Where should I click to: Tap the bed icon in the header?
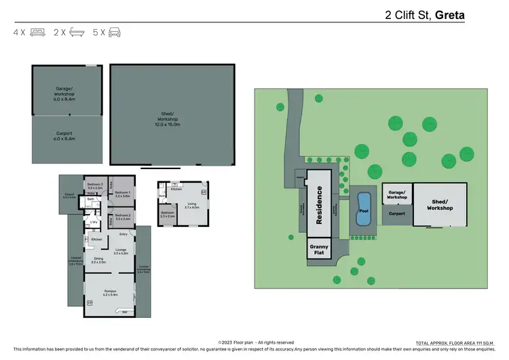[37, 32]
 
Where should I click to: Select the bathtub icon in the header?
[76, 32]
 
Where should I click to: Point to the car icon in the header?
[113, 32]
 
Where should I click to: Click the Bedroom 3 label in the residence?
[95, 186]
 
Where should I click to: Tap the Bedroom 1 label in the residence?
[122, 194]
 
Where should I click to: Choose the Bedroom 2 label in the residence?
[123, 217]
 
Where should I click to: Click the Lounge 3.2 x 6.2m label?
[120, 252]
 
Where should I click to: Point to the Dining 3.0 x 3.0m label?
[98, 260]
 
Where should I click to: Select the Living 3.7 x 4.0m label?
[192, 205]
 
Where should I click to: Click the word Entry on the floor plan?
[123, 235]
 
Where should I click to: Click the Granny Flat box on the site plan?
[319, 249]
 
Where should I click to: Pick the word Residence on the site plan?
[319, 204]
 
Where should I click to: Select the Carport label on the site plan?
[396, 213]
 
